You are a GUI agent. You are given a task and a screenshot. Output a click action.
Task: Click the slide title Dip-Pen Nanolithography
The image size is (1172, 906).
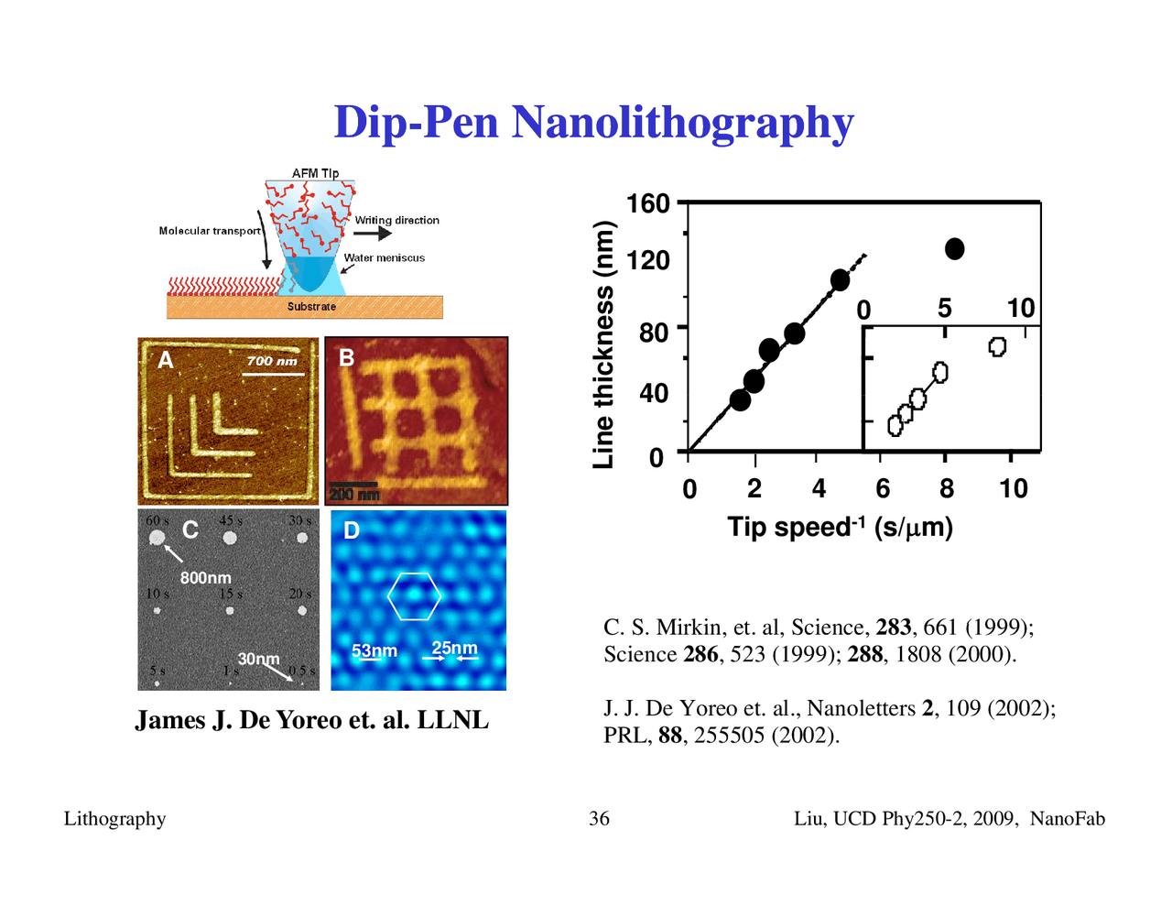click(x=593, y=122)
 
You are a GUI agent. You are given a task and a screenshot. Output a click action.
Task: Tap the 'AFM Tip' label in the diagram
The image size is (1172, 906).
click(x=315, y=173)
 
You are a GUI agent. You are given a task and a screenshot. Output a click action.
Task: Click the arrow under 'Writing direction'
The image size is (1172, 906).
click(x=373, y=234)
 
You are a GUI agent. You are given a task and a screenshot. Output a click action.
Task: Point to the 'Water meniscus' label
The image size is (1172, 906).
click(x=385, y=257)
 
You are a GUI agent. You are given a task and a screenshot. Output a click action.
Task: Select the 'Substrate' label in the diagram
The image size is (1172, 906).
click(x=311, y=307)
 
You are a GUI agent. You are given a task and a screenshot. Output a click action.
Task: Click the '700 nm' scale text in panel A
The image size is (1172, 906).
click(x=272, y=361)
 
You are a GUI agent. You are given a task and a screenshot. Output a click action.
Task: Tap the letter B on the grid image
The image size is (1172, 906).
click(x=346, y=357)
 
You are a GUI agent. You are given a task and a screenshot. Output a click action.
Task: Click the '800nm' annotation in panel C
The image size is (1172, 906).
click(x=205, y=578)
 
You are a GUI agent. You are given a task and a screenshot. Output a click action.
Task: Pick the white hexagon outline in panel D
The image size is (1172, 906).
click(x=415, y=595)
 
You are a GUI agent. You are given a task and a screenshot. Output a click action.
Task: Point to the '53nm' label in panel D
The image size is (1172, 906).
click(x=374, y=650)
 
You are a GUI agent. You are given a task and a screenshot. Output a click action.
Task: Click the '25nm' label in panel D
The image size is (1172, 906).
click(x=455, y=648)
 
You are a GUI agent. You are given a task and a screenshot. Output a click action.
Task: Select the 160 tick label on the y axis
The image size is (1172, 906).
click(x=648, y=203)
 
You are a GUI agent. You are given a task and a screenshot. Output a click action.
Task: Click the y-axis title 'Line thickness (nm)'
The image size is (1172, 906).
click(x=602, y=345)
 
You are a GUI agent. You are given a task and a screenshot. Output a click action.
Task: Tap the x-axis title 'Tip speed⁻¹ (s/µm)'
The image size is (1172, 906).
click(x=840, y=528)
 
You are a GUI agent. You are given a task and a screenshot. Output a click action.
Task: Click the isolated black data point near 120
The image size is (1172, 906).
click(x=955, y=249)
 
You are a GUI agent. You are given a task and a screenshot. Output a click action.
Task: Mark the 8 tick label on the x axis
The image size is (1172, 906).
click(x=947, y=489)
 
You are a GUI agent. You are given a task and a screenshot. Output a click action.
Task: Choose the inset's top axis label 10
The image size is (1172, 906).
click(x=1020, y=309)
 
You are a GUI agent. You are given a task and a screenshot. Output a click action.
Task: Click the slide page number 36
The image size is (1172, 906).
click(x=599, y=819)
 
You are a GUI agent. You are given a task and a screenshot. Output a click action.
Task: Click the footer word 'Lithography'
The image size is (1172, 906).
click(x=114, y=819)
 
